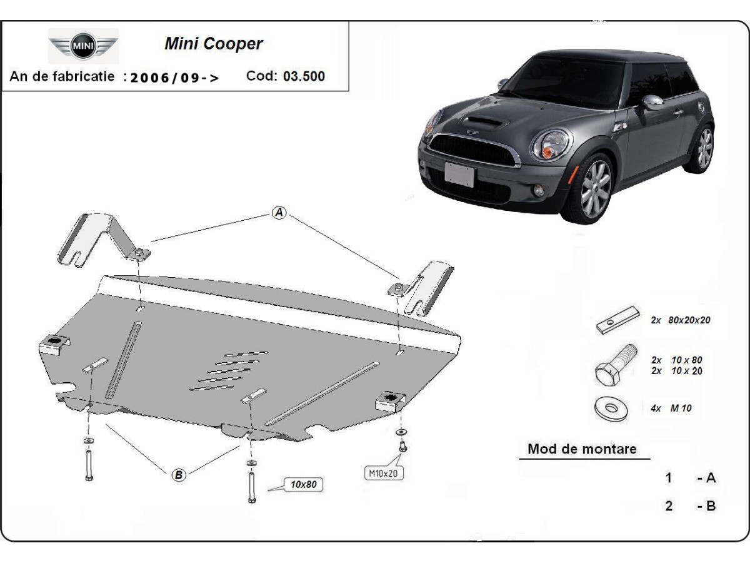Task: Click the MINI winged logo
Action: [x=83, y=46]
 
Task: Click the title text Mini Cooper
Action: [x=214, y=44]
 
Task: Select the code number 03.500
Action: [x=304, y=76]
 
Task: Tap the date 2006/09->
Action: [x=174, y=78]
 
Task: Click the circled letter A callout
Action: [x=279, y=213]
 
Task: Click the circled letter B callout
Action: [x=179, y=475]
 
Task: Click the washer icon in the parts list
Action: [x=611, y=408]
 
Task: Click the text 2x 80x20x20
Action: [x=681, y=320]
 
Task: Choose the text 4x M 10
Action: [x=671, y=408]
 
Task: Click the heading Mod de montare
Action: [x=582, y=449]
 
